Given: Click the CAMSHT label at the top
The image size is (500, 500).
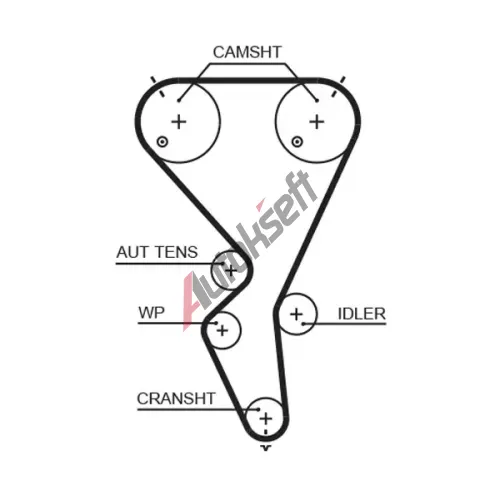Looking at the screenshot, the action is point(247,52).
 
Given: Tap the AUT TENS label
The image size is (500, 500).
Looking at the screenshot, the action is point(157,252).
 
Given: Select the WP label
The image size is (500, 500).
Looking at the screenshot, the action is point(151,313).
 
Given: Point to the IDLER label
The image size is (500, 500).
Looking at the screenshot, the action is point(362,314).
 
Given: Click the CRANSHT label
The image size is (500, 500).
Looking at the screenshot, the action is point(176,398).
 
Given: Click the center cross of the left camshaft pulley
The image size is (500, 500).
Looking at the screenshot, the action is point(179,122).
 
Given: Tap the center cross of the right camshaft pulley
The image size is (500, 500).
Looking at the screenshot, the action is point(317,122).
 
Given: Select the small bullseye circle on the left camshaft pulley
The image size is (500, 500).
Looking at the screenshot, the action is point(162,142).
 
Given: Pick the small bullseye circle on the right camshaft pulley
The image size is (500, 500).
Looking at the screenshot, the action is point(297,142).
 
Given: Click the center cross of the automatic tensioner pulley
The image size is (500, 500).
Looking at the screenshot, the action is point(231,270).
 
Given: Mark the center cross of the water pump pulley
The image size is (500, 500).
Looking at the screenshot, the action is point(222,330).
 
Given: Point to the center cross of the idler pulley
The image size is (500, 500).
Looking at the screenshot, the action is point(296,314).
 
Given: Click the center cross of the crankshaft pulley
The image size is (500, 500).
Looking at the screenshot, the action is point(266,418).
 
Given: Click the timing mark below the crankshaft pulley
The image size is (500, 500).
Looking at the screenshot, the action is point(266,448).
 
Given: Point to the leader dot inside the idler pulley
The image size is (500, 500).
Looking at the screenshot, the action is point(304,323).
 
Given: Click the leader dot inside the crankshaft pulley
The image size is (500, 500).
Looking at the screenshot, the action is point(258,409).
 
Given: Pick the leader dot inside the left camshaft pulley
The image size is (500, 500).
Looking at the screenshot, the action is point(179,100).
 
